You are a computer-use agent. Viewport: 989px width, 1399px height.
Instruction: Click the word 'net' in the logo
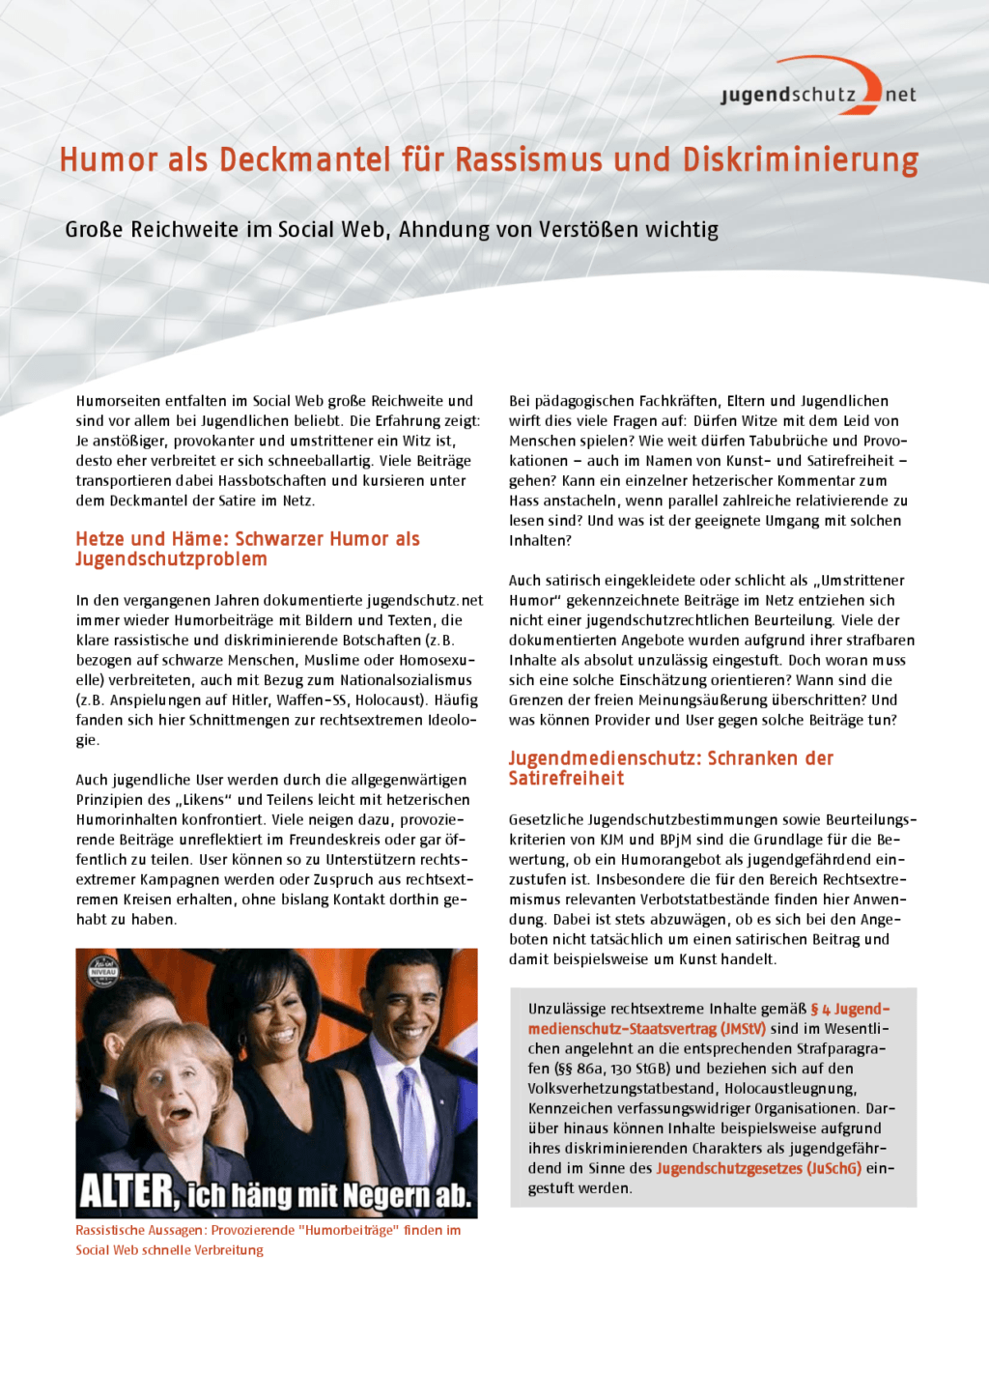click(900, 95)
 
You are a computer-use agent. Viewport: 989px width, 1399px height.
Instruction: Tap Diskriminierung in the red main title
click(800, 159)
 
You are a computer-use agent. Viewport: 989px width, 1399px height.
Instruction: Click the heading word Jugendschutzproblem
click(171, 559)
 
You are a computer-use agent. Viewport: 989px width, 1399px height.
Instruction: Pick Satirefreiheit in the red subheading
click(566, 779)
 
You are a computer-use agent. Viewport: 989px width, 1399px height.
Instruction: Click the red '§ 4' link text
click(820, 1009)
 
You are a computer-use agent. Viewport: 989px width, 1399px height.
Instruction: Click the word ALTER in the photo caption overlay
click(127, 1192)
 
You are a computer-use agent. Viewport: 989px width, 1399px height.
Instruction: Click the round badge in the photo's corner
click(102, 970)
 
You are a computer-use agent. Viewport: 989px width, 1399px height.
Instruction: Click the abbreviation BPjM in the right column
click(678, 840)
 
